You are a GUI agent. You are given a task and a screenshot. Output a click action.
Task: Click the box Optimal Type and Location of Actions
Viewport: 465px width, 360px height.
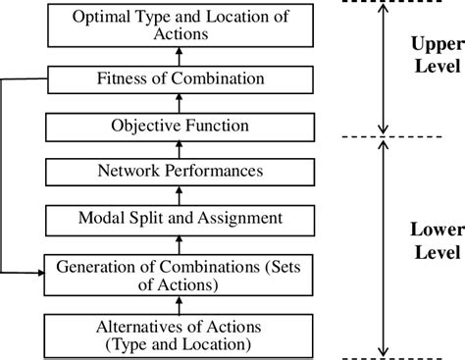coord(179,25)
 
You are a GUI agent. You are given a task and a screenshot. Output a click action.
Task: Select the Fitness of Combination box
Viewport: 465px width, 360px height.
coord(179,77)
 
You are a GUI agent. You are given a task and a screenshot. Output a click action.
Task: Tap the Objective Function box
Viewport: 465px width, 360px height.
coord(179,127)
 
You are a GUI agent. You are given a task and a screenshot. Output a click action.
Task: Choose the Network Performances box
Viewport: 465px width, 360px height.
coord(179,172)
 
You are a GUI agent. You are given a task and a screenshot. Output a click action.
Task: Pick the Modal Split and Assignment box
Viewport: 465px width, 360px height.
coord(179,218)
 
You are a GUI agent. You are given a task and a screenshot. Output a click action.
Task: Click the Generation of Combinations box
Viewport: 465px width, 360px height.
coord(179,274)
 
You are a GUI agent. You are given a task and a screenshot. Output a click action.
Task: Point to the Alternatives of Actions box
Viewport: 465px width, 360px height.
coord(179,334)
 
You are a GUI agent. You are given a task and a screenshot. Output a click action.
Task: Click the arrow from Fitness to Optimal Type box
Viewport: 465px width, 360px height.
coord(179,54)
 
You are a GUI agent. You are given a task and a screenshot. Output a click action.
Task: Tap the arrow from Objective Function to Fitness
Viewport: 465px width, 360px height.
coord(179,102)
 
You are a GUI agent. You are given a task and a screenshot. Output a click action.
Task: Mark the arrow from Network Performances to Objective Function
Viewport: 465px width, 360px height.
coord(179,149)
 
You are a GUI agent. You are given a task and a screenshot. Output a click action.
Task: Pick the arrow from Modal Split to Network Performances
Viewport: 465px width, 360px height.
coord(179,195)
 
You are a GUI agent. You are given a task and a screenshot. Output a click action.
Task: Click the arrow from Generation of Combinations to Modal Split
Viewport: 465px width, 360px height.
coord(179,243)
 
